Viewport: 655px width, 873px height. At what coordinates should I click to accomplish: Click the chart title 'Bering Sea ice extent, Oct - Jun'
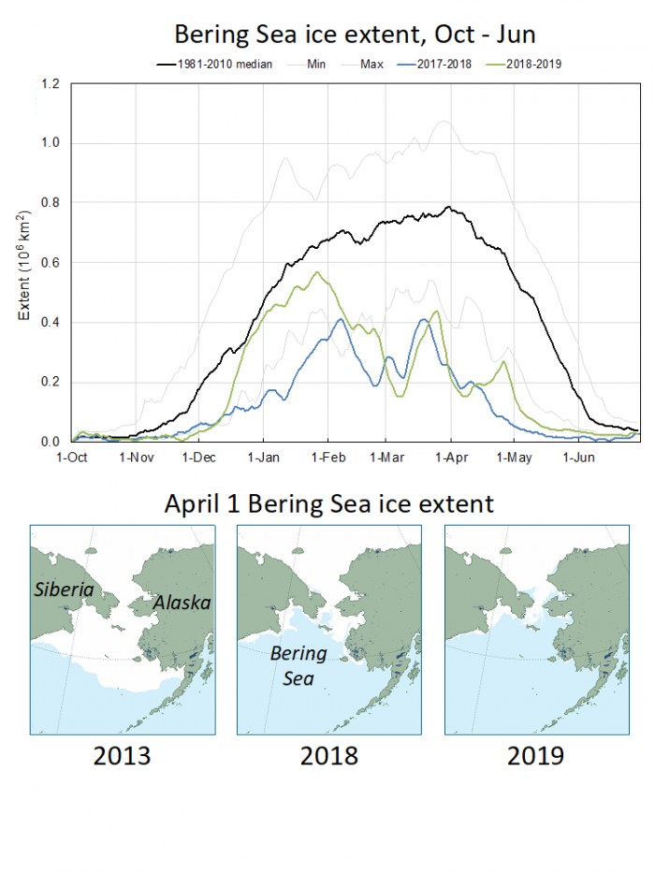(355, 35)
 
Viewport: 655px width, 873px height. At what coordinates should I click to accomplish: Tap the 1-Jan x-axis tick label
(262, 458)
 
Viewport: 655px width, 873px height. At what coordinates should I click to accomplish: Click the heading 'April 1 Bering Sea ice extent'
(328, 504)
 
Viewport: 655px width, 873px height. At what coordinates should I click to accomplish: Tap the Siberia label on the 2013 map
(65, 590)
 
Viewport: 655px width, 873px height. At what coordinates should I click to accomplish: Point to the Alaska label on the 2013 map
(182, 604)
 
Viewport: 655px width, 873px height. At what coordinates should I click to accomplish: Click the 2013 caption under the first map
(123, 755)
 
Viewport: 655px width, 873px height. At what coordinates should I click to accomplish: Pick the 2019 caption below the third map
(535, 755)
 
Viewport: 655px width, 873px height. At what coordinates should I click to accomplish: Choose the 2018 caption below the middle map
(328, 755)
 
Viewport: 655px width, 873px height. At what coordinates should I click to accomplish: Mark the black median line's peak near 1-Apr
(450, 207)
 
